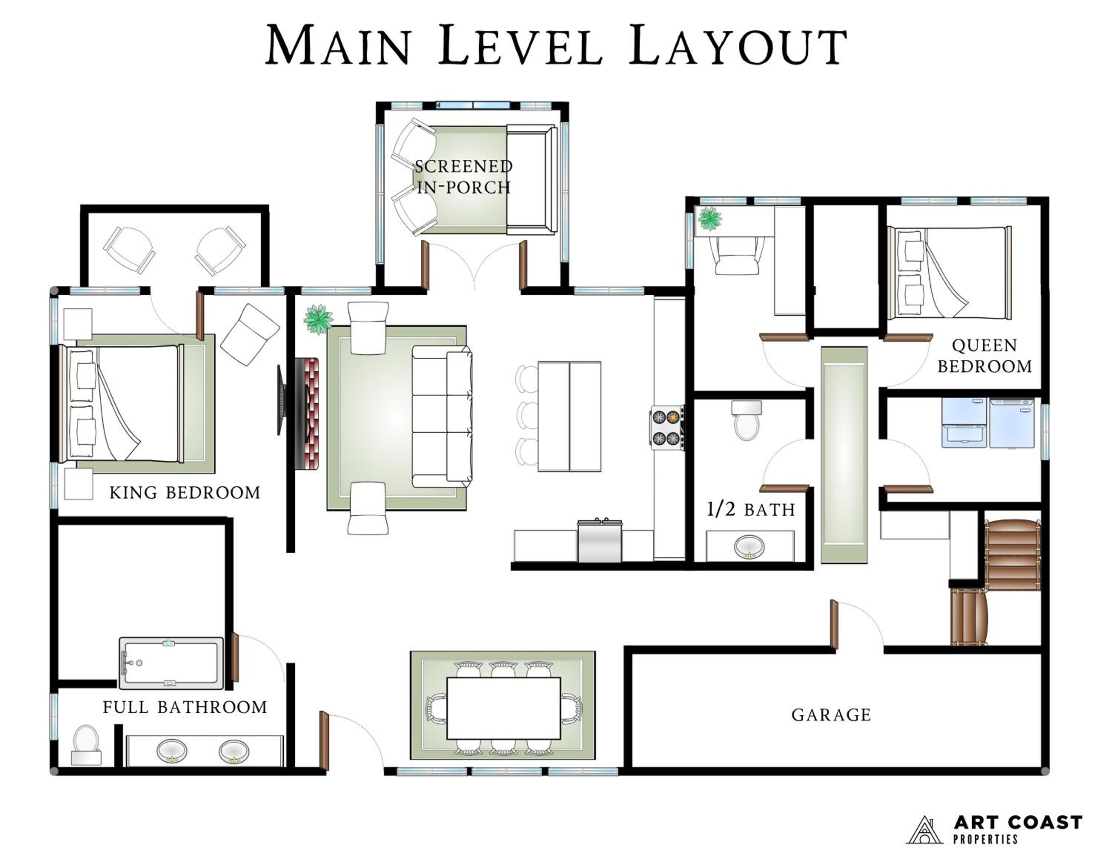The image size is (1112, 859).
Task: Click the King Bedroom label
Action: (185, 492)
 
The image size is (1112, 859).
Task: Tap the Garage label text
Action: (831, 715)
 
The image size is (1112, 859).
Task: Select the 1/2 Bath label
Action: (751, 510)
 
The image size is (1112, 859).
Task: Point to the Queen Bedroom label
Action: (985, 356)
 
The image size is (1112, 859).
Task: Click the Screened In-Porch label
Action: (463, 177)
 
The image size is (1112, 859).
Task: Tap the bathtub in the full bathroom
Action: (171, 663)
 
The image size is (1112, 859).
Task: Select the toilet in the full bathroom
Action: (86, 744)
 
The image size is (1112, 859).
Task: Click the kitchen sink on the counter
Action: (600, 540)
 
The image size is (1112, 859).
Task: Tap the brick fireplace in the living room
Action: (307, 413)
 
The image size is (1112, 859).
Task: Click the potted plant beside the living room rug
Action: (319, 319)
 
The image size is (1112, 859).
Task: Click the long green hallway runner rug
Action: (844, 455)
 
